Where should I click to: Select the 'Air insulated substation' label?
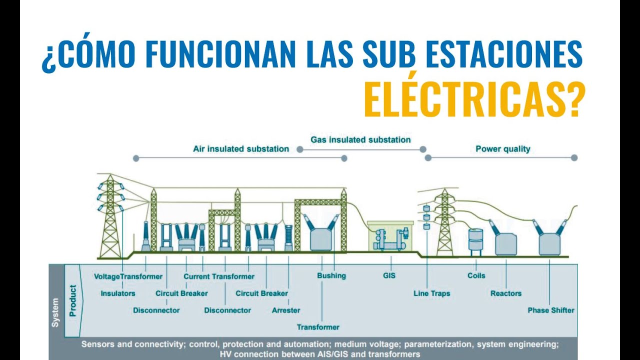coord(241,148)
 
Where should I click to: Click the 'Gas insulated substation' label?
coord(360,139)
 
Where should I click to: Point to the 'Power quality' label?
coord(502,148)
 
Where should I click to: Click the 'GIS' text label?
coord(389,275)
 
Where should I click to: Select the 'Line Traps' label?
coord(432,293)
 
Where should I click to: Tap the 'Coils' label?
coord(476,275)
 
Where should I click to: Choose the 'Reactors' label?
coord(506,293)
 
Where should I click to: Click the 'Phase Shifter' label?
coord(551,310)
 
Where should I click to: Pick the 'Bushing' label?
coord(331,275)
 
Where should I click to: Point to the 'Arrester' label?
coord(286,310)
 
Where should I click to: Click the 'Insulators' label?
coord(118,293)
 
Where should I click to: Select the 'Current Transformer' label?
coord(219,276)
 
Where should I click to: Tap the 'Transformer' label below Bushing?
coord(318,327)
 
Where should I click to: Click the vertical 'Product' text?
coord(73,300)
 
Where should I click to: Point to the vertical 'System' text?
coord(55,312)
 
